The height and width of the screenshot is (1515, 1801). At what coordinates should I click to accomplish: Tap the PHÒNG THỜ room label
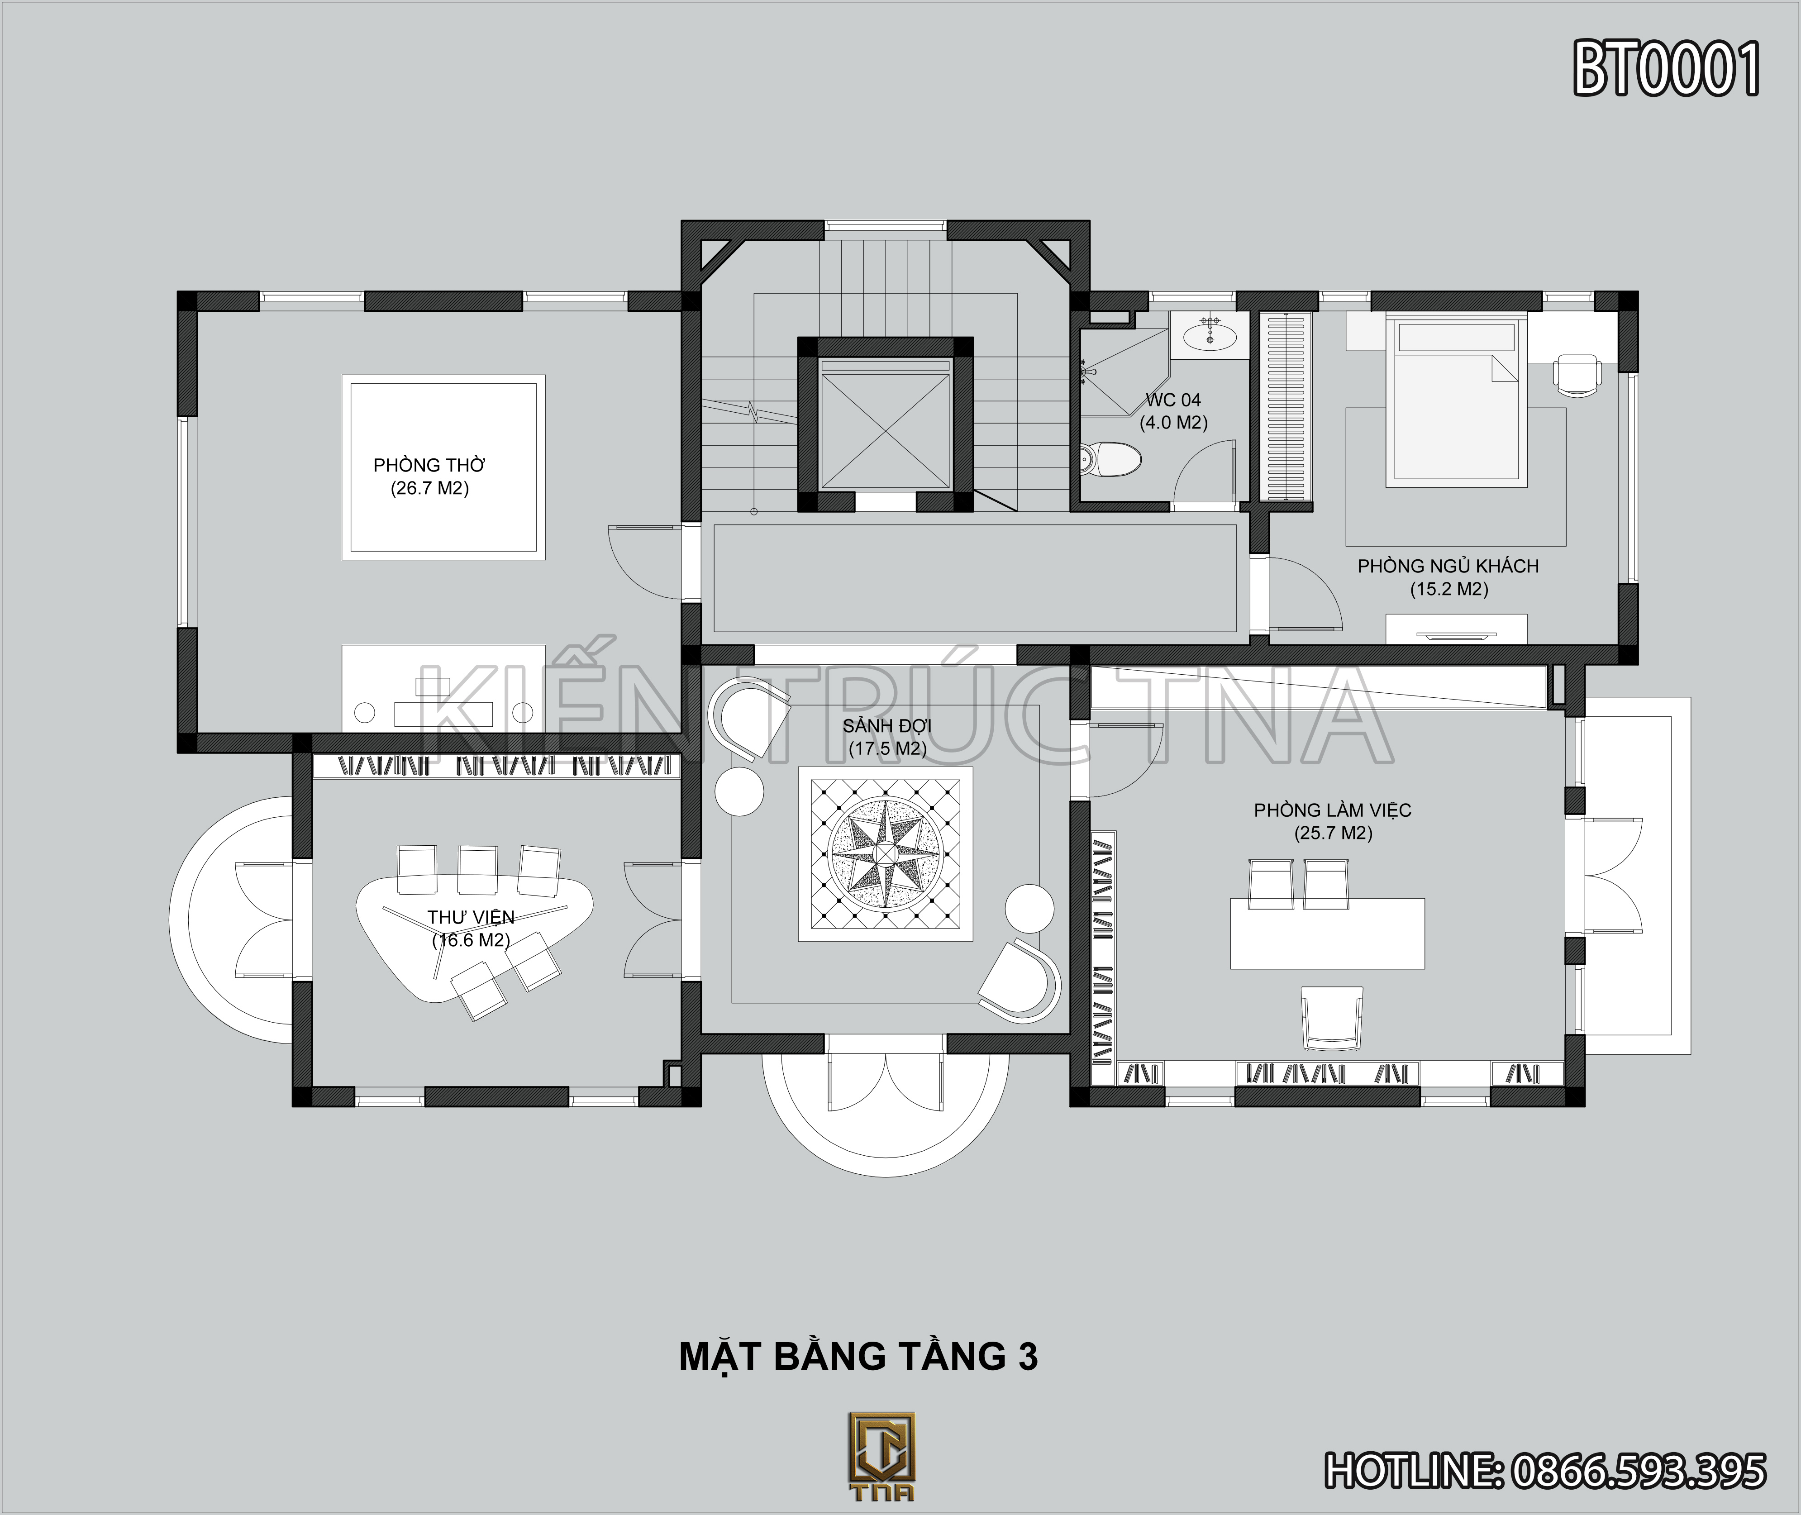429,466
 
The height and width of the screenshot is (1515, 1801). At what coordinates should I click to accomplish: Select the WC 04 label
1173,400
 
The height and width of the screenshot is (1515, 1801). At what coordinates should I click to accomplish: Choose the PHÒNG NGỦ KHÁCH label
1448,566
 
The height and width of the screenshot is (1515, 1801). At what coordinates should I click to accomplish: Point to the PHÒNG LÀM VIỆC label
1332,810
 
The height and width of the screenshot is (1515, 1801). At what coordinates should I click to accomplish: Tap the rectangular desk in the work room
1327,934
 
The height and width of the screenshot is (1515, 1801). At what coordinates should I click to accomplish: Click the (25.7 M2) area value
1333,833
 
